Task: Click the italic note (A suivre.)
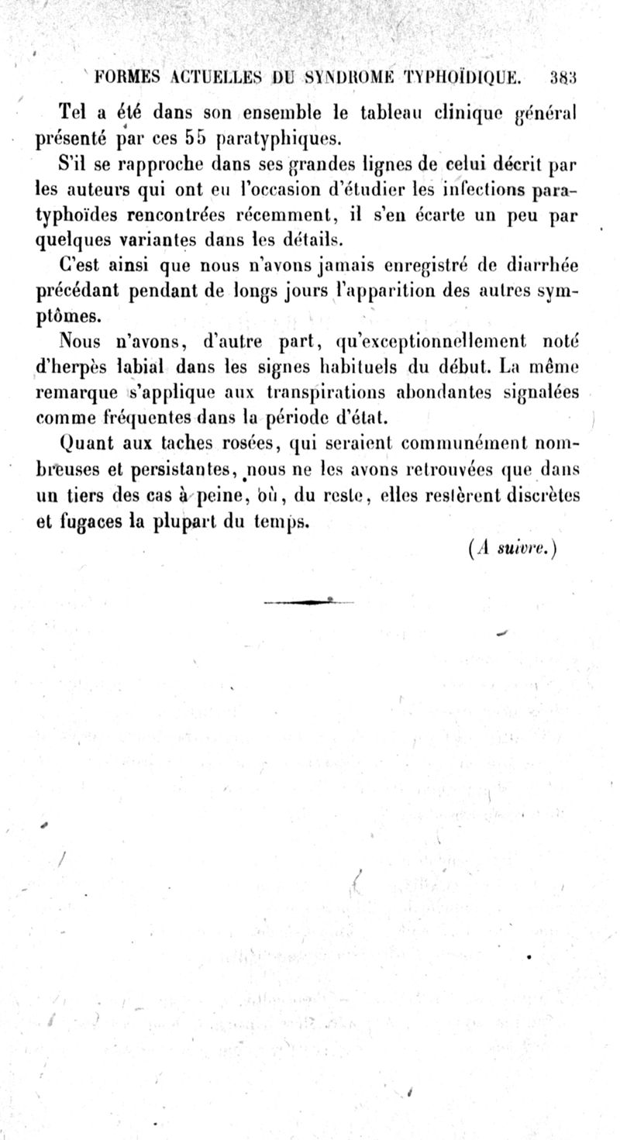(x=513, y=548)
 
